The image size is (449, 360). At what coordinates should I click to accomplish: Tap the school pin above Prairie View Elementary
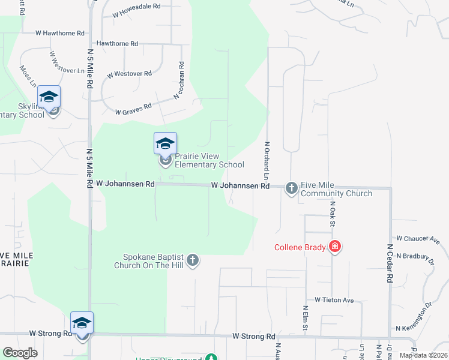165,144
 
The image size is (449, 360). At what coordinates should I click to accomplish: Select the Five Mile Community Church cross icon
291,188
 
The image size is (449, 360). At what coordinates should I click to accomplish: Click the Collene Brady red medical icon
335,247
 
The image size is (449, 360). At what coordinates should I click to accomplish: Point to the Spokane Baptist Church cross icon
192,260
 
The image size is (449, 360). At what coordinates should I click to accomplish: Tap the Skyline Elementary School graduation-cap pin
49,97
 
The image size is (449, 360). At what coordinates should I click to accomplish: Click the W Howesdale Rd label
136,6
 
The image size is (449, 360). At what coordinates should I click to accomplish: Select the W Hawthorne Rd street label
60,33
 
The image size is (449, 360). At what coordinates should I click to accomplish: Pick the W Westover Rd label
129,74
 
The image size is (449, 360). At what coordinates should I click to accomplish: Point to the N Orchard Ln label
265,160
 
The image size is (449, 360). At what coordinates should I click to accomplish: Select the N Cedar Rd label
390,263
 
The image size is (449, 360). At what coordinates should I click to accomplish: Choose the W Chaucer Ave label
418,238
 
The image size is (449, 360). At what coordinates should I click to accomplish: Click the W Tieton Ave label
334,299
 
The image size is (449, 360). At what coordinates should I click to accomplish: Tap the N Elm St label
305,318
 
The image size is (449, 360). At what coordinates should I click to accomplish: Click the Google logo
20,353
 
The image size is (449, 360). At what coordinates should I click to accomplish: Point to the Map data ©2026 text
423,355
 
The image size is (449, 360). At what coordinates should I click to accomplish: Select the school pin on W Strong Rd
82,324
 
